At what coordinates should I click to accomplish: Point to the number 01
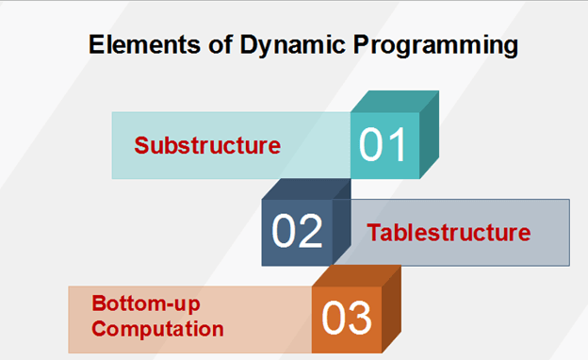(384, 146)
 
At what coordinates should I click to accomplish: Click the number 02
(297, 232)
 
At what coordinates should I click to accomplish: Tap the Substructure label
(207, 146)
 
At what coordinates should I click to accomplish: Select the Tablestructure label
(449, 232)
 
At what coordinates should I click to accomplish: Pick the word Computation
(157, 329)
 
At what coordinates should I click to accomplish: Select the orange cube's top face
(357, 275)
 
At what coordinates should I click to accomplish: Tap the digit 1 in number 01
(397, 146)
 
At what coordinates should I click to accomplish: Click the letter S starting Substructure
(141, 146)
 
